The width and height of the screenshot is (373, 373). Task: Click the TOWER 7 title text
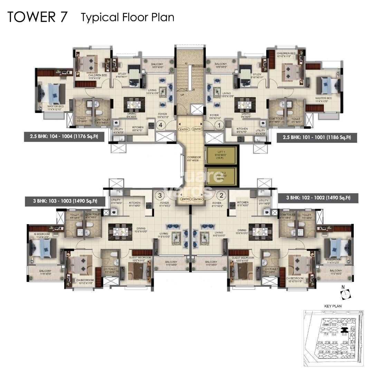pyautogui.click(x=37, y=17)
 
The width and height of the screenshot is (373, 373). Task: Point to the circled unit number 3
pyautogui.click(x=160, y=195)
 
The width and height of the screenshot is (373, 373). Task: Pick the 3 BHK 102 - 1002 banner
pyautogui.click(x=318, y=198)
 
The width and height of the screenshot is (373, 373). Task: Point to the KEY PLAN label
pyautogui.click(x=333, y=306)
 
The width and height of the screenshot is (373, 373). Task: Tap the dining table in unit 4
pyautogui.click(x=133, y=104)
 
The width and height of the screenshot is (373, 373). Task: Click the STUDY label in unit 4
pyautogui.click(x=122, y=74)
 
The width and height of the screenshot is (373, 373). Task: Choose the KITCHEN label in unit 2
pyautogui.click(x=243, y=202)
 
